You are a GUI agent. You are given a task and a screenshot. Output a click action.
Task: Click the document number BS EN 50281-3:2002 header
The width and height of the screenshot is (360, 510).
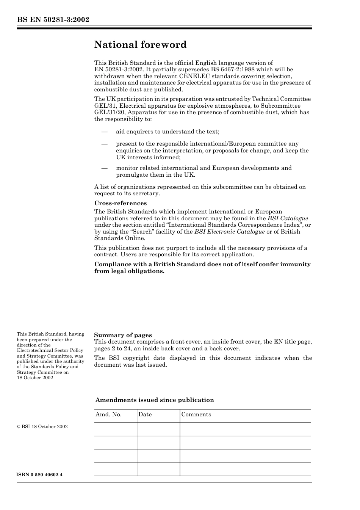pyautogui.click(x=53, y=19)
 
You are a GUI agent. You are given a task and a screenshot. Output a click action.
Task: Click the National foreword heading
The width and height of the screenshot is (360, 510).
pyautogui.click(x=140, y=45)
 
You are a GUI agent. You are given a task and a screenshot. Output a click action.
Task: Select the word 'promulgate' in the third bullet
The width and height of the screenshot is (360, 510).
pyautogui.click(x=131, y=175)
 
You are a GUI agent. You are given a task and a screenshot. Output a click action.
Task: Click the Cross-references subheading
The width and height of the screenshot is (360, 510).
pyautogui.click(x=121, y=203)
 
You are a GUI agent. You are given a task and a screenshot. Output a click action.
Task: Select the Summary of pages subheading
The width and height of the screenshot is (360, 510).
pyautogui.click(x=123, y=335)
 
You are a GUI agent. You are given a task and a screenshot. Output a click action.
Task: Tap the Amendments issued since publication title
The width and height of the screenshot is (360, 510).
pyautogui.click(x=155, y=400)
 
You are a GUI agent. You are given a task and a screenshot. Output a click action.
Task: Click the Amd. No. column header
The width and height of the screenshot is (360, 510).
pyautogui.click(x=108, y=414)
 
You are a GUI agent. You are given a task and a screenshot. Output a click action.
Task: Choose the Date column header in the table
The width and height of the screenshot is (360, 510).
pyautogui.click(x=145, y=414)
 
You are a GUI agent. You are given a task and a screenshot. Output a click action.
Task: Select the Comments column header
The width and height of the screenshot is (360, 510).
pyautogui.click(x=196, y=414)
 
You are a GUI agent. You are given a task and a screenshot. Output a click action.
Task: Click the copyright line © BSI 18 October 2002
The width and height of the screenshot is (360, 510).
pyautogui.click(x=42, y=427)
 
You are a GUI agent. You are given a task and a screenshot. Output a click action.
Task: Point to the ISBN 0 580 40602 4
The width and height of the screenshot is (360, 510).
pyautogui.click(x=40, y=475)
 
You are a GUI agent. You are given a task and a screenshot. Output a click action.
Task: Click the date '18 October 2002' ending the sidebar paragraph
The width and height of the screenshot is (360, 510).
pyautogui.click(x=35, y=378)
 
